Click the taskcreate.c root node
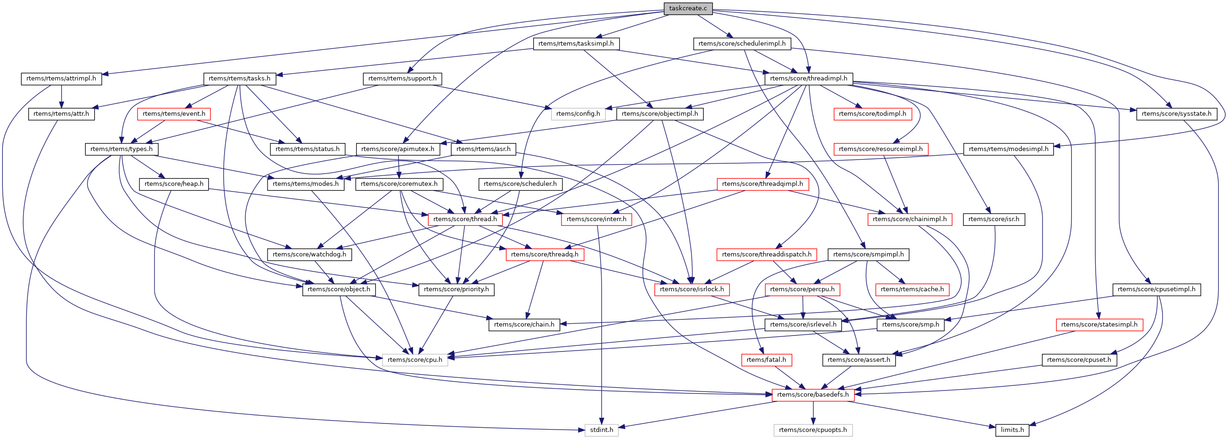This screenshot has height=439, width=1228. click(x=688, y=8)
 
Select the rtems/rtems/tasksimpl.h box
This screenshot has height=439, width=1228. click(x=576, y=44)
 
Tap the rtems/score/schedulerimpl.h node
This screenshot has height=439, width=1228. click(x=742, y=44)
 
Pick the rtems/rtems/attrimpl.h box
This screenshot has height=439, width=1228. click(x=61, y=79)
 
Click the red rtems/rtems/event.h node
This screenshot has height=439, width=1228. click(x=173, y=114)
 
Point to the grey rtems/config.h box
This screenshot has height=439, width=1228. click(x=578, y=114)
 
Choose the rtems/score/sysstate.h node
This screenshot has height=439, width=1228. click(x=1176, y=114)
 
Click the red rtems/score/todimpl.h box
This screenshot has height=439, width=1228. click(x=872, y=114)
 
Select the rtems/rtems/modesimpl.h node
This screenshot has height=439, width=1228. click(x=1008, y=149)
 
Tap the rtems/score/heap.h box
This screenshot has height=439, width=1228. click(x=173, y=184)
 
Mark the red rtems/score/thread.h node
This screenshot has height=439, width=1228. click(x=465, y=219)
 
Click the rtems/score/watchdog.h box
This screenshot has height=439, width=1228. click(x=309, y=254)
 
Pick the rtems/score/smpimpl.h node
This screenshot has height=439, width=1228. click(x=868, y=254)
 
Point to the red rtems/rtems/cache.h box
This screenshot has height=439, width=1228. click(x=912, y=289)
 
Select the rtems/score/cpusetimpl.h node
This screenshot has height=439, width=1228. click(x=1156, y=289)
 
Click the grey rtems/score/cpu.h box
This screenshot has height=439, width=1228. click(x=415, y=359)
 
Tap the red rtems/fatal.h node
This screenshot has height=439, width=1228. click(x=766, y=359)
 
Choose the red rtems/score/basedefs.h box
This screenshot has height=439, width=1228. click(x=813, y=395)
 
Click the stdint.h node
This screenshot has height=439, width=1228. click(x=601, y=430)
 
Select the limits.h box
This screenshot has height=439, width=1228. click(x=1012, y=430)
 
